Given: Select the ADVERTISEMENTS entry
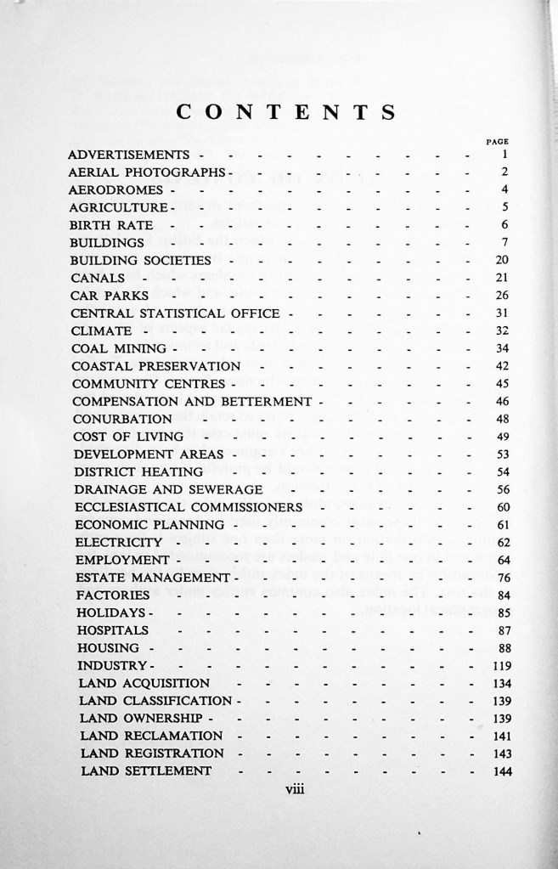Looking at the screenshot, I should pos(127,155).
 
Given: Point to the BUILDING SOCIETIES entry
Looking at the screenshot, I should pos(139,260).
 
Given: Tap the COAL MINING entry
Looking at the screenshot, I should pos(119,348).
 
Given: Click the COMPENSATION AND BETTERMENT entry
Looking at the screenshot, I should pos(193,401).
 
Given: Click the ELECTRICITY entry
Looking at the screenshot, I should pos(117,542).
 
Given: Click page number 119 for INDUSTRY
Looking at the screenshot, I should pos(499,665).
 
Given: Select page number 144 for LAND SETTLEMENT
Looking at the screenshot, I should pos(499,771).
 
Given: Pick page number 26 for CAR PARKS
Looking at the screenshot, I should pos(501,296).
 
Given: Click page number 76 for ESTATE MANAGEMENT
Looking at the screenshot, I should pos(502,578).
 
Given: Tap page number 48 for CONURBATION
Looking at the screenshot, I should pos(502,419).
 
